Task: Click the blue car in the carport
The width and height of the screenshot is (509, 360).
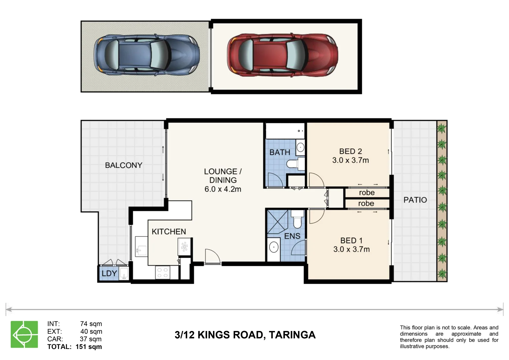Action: [147, 55]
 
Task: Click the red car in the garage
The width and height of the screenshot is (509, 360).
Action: [282, 55]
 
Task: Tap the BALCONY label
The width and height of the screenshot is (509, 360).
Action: [124, 165]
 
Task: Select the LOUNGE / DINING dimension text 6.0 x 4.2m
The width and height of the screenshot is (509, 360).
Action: [223, 189]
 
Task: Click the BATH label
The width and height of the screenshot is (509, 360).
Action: [280, 152]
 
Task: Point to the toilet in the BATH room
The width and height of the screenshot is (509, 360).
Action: [295, 164]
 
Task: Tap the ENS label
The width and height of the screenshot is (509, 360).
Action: [292, 236]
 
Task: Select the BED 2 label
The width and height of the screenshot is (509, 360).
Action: [350, 151]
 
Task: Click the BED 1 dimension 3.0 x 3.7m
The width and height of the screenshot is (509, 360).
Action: [351, 249]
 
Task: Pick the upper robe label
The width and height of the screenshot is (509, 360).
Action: [367, 193]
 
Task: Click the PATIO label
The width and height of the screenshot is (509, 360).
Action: [415, 200]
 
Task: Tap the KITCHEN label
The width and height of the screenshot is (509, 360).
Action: [169, 232]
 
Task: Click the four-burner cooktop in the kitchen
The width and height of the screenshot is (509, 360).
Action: [162, 273]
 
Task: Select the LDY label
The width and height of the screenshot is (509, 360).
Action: [109, 273]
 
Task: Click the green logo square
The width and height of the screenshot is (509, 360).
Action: [24, 334]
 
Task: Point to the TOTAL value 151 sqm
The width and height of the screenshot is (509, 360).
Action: [89, 347]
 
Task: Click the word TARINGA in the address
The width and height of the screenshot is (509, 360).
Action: [292, 335]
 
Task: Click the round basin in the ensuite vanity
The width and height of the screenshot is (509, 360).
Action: [274, 247]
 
